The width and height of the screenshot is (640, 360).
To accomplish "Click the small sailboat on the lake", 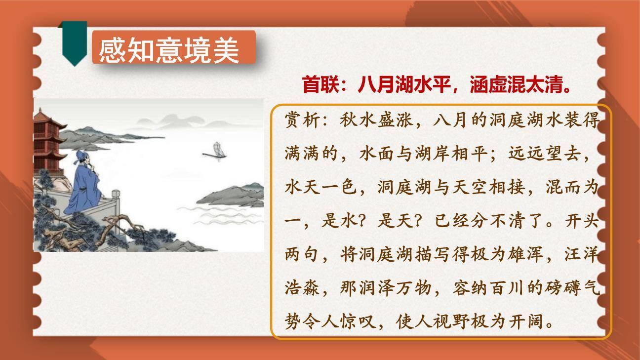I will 215,150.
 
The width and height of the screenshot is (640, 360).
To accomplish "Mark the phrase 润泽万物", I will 385,288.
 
